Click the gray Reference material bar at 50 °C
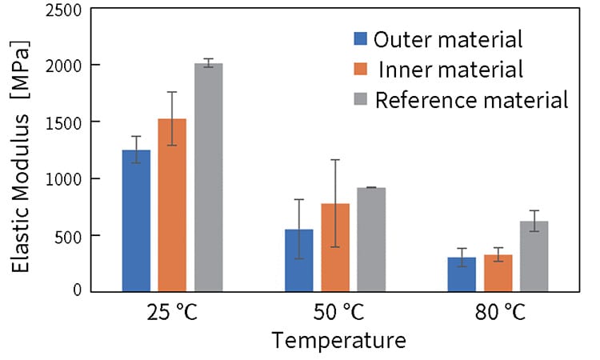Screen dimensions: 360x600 [371, 239]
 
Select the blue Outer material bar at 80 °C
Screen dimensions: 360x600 [462, 274]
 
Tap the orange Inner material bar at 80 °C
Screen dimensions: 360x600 [498, 273]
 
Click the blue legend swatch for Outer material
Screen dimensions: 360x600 [361, 38]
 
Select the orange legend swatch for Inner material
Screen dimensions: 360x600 [361, 70]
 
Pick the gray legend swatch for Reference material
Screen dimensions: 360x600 [361, 100]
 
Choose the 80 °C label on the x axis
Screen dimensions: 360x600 [498, 312]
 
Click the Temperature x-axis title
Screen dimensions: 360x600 [338, 342]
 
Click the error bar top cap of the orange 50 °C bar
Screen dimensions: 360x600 [335, 160]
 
